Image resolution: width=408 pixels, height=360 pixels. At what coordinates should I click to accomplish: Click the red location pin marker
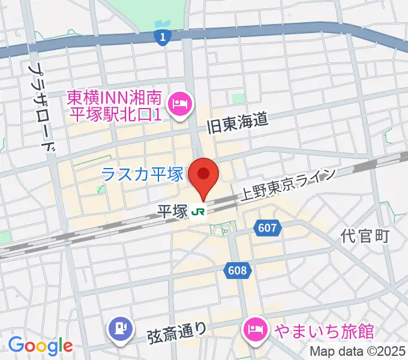203,175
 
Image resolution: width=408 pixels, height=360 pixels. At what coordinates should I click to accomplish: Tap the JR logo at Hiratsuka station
199,212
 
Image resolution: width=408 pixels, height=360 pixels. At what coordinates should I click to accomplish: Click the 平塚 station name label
172,212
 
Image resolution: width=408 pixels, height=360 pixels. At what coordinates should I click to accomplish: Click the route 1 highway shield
160,38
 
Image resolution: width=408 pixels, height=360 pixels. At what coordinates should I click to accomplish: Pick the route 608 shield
237,271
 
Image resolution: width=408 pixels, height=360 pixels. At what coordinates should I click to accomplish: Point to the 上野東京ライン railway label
287,185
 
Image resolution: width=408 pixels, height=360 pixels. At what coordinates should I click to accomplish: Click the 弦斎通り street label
177,331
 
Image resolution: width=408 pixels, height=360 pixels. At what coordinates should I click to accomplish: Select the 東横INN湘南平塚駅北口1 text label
113,104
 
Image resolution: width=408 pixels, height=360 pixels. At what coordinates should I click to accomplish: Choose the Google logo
40,346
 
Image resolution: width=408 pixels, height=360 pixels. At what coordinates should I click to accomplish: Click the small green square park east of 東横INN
239,98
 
